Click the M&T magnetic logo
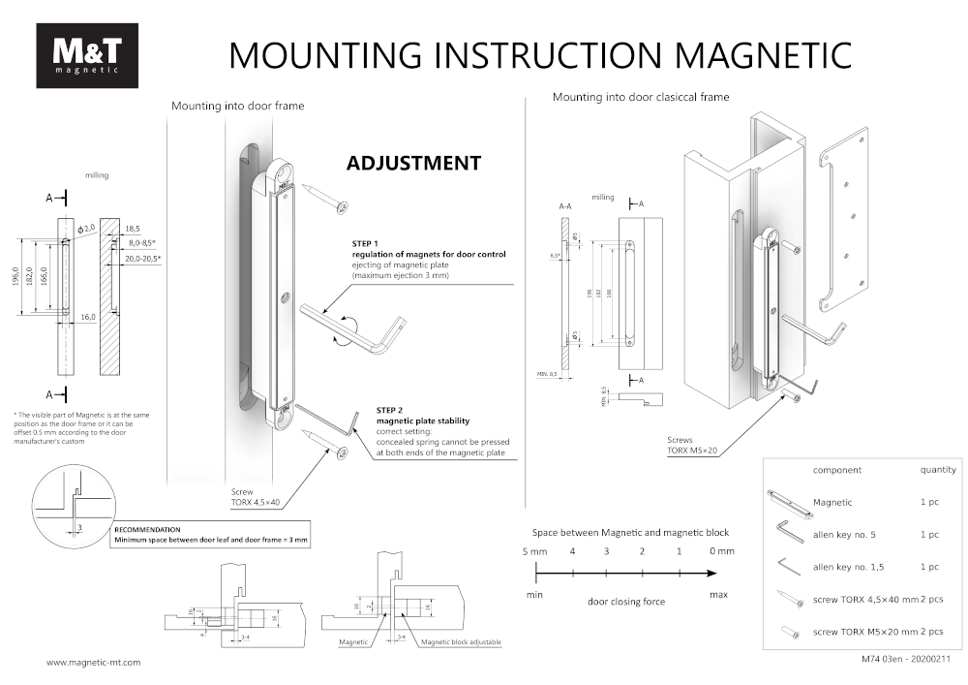pyautogui.click(x=86, y=55)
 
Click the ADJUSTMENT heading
pyautogui.click(x=413, y=163)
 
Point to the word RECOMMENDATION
pyautogui.click(x=147, y=530)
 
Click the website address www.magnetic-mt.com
pyautogui.click(x=94, y=663)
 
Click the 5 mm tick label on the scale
pyautogui.click(x=535, y=551)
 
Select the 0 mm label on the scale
pyautogui.click(x=721, y=551)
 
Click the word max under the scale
pyautogui.click(x=718, y=593)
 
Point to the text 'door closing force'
pyautogui.click(x=626, y=602)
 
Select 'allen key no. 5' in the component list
pyautogui.click(x=844, y=535)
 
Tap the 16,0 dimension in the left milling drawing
pyautogui.click(x=88, y=318)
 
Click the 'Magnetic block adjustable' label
pyautogui.click(x=461, y=642)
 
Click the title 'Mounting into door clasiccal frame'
pyautogui.click(x=641, y=97)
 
